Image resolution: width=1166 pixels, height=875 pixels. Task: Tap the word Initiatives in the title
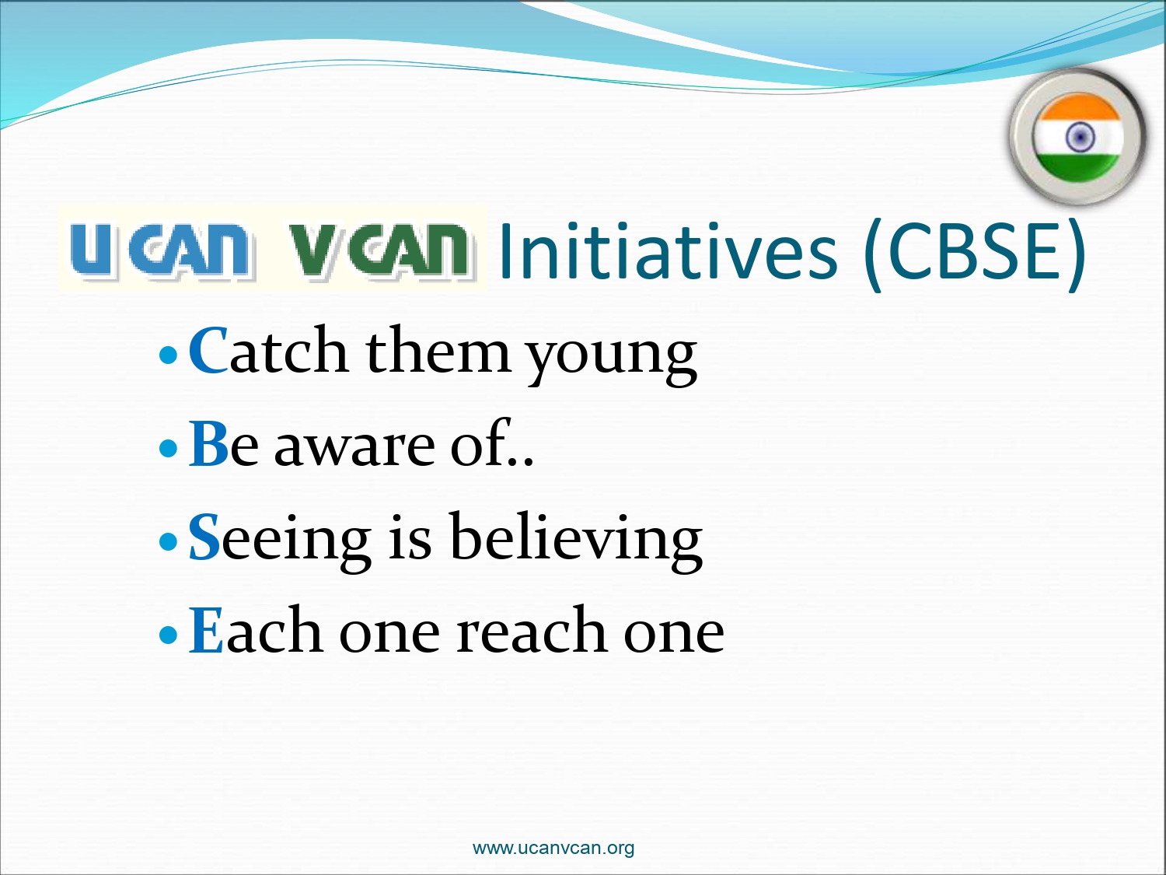669,250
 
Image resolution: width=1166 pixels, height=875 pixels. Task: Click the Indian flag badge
1078,138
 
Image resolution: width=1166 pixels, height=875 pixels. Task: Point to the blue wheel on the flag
1080,137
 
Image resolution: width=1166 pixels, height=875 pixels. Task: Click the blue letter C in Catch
208,351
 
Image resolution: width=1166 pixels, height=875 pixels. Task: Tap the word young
612,357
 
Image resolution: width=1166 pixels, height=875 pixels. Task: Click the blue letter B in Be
209,443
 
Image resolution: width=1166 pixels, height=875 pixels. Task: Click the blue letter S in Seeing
204,537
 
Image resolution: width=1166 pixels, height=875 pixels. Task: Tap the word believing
576,542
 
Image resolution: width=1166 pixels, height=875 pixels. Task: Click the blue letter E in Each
206,629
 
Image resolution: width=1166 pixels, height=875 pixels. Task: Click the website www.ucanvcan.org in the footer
553,848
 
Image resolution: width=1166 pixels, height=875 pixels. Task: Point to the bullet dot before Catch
168,355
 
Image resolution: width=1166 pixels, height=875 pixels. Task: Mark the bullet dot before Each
168,635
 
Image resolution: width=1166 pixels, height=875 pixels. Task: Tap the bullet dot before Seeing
168,541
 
